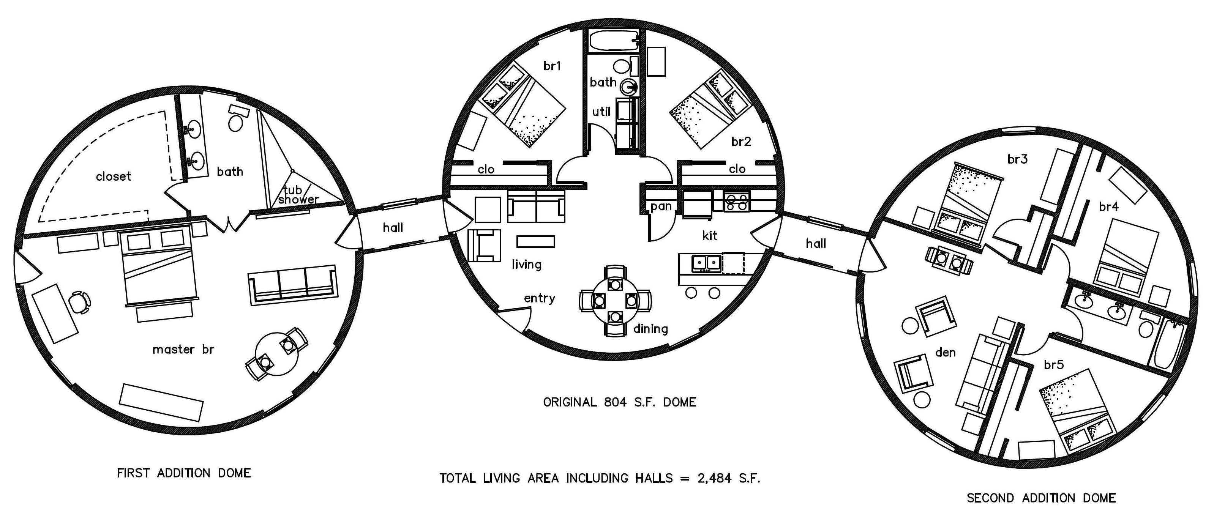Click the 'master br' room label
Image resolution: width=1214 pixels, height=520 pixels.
tap(183, 350)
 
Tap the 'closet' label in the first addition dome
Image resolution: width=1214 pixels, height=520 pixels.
tap(113, 176)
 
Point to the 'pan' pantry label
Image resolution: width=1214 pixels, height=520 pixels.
tap(661, 206)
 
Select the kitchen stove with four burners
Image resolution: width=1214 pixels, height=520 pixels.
tap(737, 202)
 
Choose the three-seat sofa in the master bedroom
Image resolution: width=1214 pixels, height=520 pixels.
tap(293, 285)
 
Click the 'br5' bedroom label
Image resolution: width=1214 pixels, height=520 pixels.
tap(1054, 365)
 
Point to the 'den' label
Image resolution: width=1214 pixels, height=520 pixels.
tap(946, 352)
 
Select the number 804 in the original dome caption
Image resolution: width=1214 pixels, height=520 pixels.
tap(616, 402)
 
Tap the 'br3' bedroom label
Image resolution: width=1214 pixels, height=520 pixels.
tap(1017, 159)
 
